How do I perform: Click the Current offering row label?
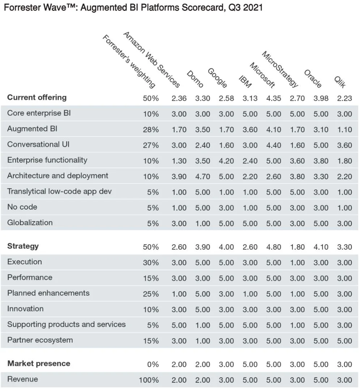pos(37,98)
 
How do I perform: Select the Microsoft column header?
pos(262,75)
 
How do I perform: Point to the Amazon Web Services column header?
pos(151,60)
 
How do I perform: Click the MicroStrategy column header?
pos(280,69)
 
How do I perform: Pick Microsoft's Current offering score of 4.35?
pos(274,98)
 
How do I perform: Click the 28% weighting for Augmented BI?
pos(151,129)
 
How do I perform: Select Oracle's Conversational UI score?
pos(321,145)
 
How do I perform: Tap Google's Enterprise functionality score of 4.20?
pos(226,161)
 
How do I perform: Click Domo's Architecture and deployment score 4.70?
pos(203,176)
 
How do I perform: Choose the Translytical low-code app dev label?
pos(60,192)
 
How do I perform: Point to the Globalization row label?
pos(30,223)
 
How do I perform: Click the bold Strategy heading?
pos(23,246)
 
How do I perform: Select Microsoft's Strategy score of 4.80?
pos(274,247)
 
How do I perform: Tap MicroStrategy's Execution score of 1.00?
pos(297,263)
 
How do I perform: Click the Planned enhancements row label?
pos(48,293)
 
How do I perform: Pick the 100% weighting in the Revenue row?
pos(149,380)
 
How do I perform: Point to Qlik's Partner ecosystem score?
pos(344,341)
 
